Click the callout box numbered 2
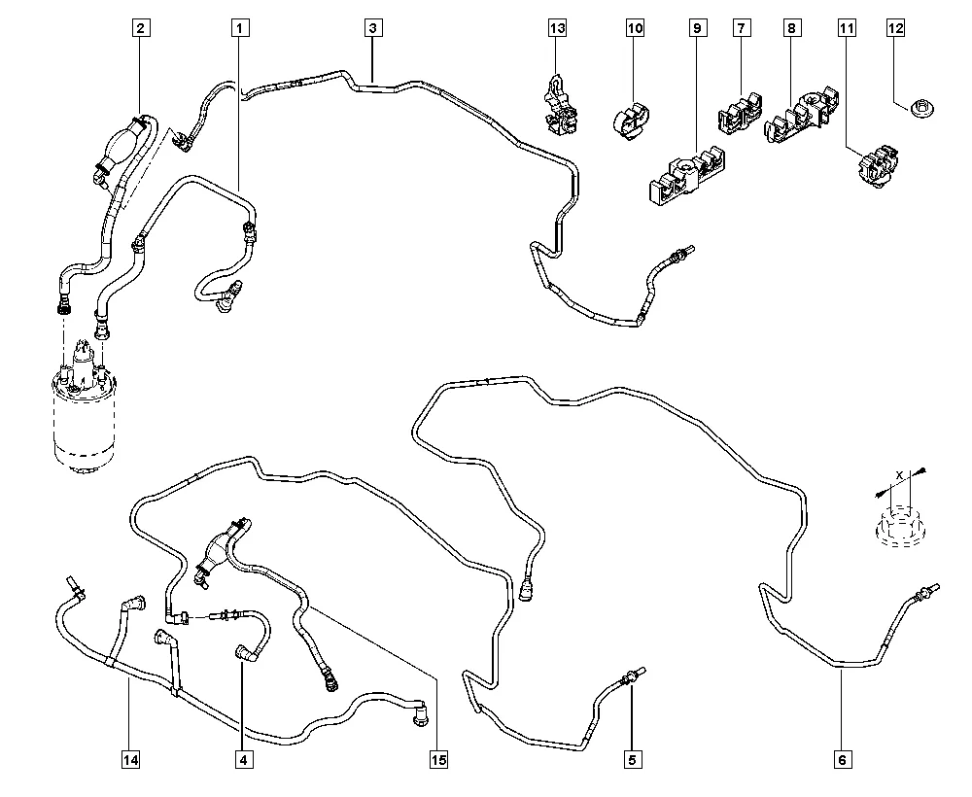coord(141,28)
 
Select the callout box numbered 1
coord(240,28)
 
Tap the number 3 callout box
coord(372,28)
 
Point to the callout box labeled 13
coord(557,28)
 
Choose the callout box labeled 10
coord(635,28)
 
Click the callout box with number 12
coord(896,28)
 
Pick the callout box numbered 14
coord(130,759)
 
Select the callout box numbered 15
coord(438,759)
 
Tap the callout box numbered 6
coord(842,759)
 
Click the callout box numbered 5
coord(633,759)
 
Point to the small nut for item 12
coord(922,110)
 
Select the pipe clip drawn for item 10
coord(630,121)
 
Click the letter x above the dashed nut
coord(899,474)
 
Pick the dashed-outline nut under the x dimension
coord(899,526)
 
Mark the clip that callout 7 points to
coord(740,114)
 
